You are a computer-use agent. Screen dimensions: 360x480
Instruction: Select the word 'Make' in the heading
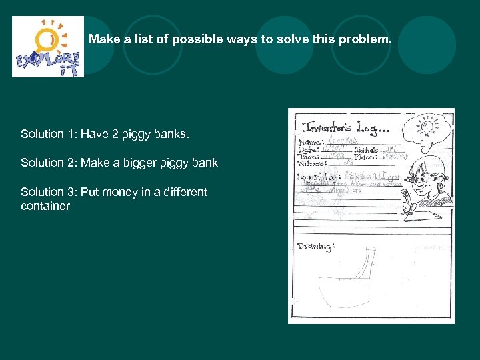pyautogui.click(x=103, y=39)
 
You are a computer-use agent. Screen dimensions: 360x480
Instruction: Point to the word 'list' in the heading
pyautogui.click(x=143, y=39)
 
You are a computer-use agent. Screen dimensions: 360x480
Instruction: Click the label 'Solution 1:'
pyautogui.click(x=49, y=135)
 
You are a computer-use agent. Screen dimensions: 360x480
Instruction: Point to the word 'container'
pyautogui.click(x=45, y=206)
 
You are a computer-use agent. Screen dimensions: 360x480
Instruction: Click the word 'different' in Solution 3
pyautogui.click(x=181, y=192)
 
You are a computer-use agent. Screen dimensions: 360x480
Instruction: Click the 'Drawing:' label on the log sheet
pyautogui.click(x=313, y=246)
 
